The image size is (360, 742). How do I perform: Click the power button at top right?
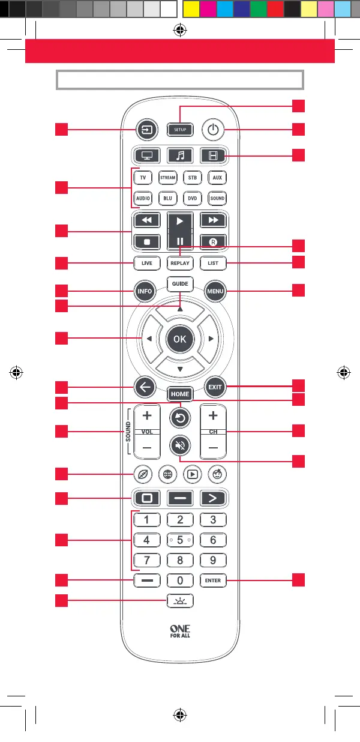click(x=212, y=129)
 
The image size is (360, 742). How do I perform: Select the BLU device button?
click(x=167, y=198)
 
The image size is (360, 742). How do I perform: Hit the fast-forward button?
click(x=212, y=220)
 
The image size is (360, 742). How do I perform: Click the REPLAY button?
click(x=179, y=263)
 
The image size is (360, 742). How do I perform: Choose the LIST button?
click(x=212, y=263)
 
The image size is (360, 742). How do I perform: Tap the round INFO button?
click(x=145, y=292)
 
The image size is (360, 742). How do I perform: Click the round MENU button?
click(x=214, y=292)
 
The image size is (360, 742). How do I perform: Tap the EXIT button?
click(x=214, y=387)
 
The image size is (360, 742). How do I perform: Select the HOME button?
click(x=179, y=394)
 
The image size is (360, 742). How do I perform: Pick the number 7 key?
click(x=146, y=561)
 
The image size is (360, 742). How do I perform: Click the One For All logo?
click(x=179, y=632)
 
